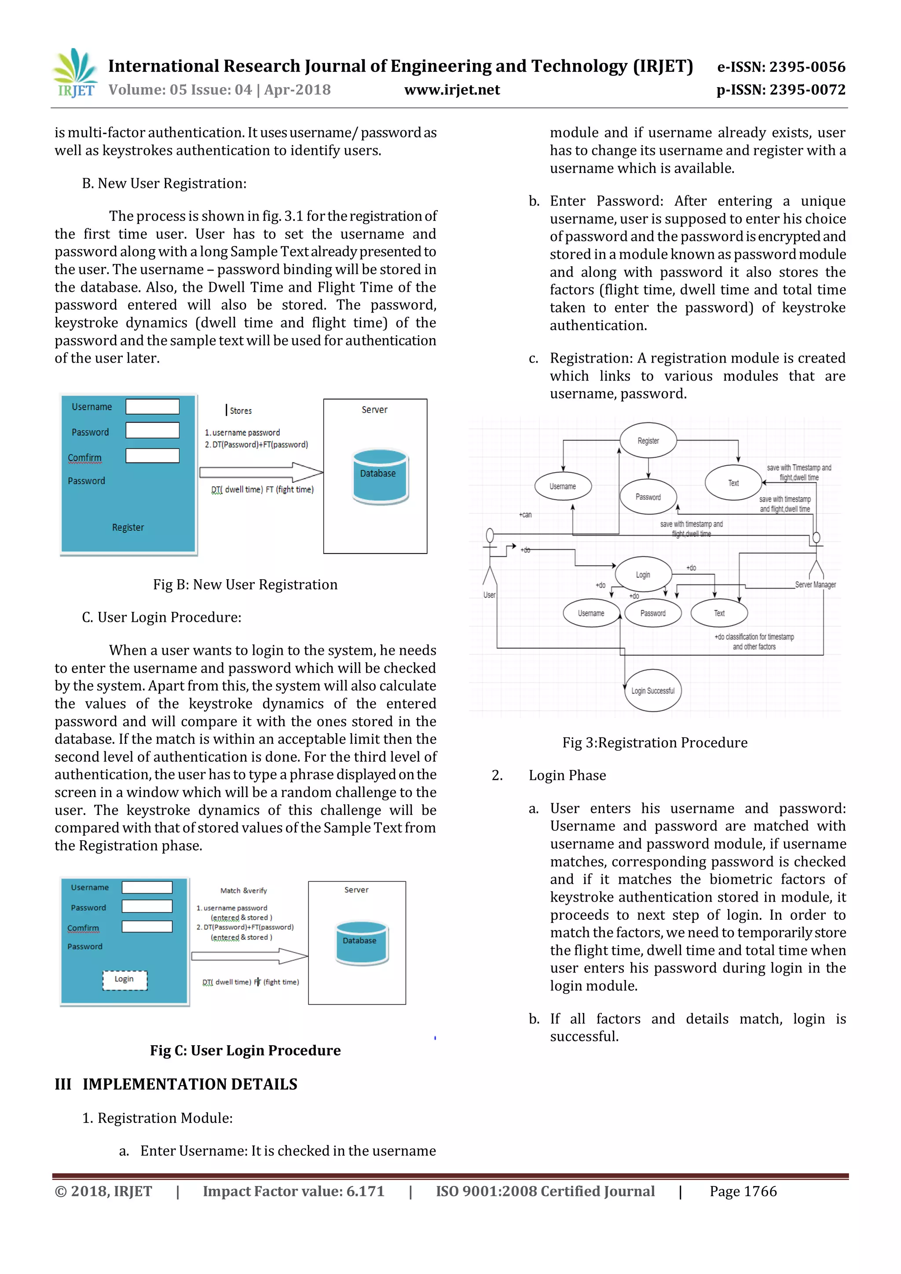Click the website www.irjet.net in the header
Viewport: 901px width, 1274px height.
click(452, 90)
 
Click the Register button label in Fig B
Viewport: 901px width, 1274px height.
click(128, 527)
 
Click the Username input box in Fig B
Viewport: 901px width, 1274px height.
click(152, 407)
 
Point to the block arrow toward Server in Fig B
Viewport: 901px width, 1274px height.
click(261, 472)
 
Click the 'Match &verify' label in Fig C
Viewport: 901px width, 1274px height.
click(244, 891)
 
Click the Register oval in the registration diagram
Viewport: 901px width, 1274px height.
click(648, 441)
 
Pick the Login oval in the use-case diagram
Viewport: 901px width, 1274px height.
click(643, 575)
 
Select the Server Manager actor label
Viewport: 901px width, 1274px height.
click(815, 585)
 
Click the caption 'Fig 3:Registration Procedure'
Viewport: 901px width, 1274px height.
click(655, 742)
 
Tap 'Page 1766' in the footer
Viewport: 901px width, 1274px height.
click(743, 1191)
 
